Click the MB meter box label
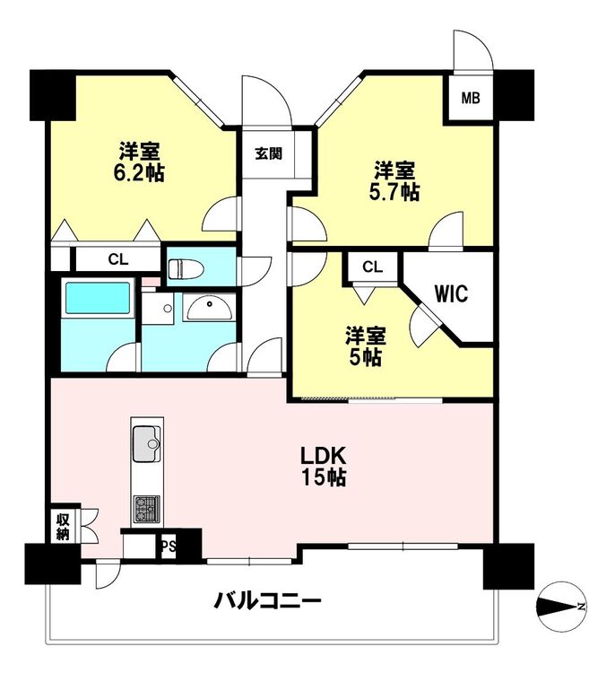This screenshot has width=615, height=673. (471, 99)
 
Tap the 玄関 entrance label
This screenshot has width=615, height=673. (269, 153)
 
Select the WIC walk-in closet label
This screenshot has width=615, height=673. (451, 293)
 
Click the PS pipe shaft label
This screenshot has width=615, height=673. (168, 546)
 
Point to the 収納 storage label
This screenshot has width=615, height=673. (63, 527)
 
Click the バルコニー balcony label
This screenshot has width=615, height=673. (268, 601)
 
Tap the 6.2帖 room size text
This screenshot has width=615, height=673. (139, 173)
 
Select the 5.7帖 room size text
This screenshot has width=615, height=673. (394, 192)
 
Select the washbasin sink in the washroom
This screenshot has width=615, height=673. (209, 307)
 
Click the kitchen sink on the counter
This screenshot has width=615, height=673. (147, 443)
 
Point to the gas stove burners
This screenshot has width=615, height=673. (147, 509)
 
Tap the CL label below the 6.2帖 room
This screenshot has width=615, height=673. (118, 259)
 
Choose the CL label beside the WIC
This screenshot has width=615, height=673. (372, 267)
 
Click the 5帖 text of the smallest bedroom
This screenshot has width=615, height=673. (366, 356)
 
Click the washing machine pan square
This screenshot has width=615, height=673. (158, 309)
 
